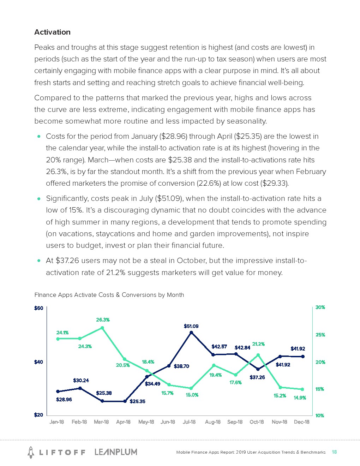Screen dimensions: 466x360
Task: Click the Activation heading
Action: click(52, 32)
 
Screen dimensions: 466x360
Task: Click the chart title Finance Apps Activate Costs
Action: click(109, 295)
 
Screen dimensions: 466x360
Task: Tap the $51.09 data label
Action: click(191, 326)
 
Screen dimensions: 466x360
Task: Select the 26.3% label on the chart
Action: click(103, 320)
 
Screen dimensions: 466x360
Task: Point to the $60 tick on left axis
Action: click(38, 308)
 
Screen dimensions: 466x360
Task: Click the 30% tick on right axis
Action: click(320, 307)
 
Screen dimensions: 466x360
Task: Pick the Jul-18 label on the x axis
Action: click(189, 422)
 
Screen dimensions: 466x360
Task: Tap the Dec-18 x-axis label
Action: click(301, 422)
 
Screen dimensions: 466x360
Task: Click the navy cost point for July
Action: click(191, 333)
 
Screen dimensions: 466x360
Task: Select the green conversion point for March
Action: click(102, 328)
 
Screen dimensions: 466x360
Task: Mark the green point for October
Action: click(258, 355)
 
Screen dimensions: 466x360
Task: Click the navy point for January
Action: click(58, 392)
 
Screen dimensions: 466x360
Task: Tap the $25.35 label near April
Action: click(137, 401)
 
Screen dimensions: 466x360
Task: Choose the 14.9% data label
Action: click(300, 398)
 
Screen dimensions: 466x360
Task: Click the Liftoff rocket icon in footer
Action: click(31, 452)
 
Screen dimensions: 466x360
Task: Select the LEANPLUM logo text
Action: click(116, 452)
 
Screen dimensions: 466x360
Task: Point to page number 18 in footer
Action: click(334, 452)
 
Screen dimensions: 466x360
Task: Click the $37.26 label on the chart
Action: click(257, 377)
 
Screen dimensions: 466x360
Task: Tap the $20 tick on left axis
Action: click(38, 415)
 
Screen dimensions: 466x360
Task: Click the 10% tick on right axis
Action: click(320, 416)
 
